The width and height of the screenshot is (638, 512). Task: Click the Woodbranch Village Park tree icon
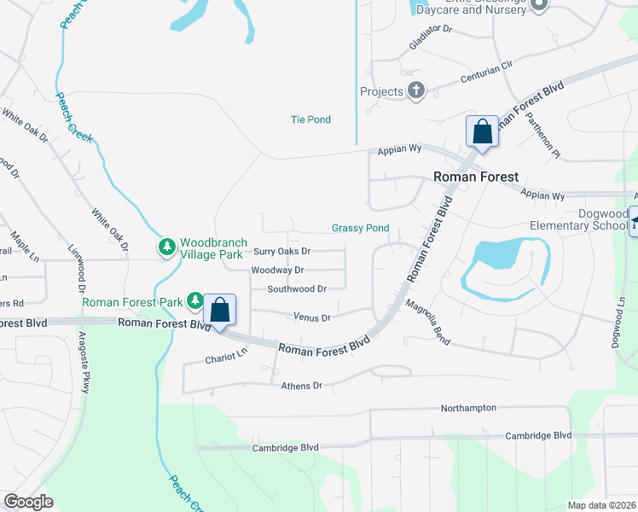tap(167, 247)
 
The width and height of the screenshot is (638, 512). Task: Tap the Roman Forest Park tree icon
tap(195, 300)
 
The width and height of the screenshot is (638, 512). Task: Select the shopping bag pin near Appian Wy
tap(482, 132)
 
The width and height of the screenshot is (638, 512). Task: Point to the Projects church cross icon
tap(416, 91)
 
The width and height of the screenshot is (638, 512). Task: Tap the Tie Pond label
tap(310, 119)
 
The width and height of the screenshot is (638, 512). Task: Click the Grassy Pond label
tap(360, 228)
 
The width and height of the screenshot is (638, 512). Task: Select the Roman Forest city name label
tap(475, 177)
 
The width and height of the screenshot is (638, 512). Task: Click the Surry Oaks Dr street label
tap(282, 252)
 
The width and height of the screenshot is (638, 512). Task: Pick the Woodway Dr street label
tap(277, 271)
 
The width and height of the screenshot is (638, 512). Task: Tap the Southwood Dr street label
tap(297, 289)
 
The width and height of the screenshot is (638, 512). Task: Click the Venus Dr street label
tap(311, 317)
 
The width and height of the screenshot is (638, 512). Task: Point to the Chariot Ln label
tap(226, 360)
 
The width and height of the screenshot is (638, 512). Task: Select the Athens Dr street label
tap(301, 386)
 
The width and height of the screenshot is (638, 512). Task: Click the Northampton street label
tap(468, 408)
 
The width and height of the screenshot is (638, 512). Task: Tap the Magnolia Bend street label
tap(427, 321)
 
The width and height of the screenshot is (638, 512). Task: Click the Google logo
tap(29, 501)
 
